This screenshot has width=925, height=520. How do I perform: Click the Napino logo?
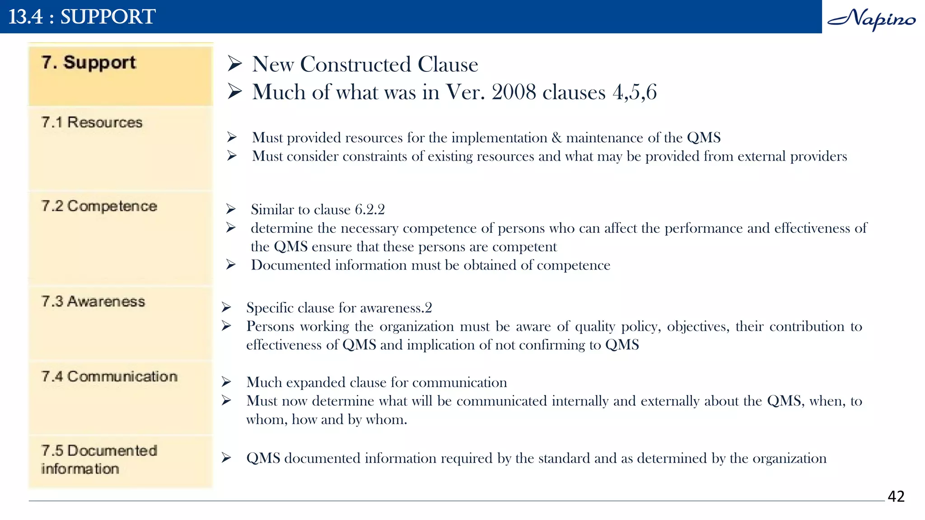pos(872,19)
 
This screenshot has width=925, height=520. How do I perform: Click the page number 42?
pos(896,497)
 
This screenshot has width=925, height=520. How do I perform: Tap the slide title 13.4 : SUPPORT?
pos(82,17)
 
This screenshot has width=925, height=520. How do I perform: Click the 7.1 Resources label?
pos(92,122)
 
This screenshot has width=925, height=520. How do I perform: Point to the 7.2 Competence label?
pos(99,206)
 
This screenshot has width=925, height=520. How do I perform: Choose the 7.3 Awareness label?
pos(93,302)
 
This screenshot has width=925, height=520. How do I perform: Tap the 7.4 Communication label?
pos(109,376)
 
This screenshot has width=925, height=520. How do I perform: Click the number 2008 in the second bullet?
pos(514,93)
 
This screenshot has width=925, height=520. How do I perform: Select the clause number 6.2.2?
pos(369,209)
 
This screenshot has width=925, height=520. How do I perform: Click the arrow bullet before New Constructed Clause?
pos(235,64)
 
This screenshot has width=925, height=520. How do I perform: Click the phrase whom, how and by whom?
pos(327,420)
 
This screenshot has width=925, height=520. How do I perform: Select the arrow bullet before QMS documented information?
pos(227,458)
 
